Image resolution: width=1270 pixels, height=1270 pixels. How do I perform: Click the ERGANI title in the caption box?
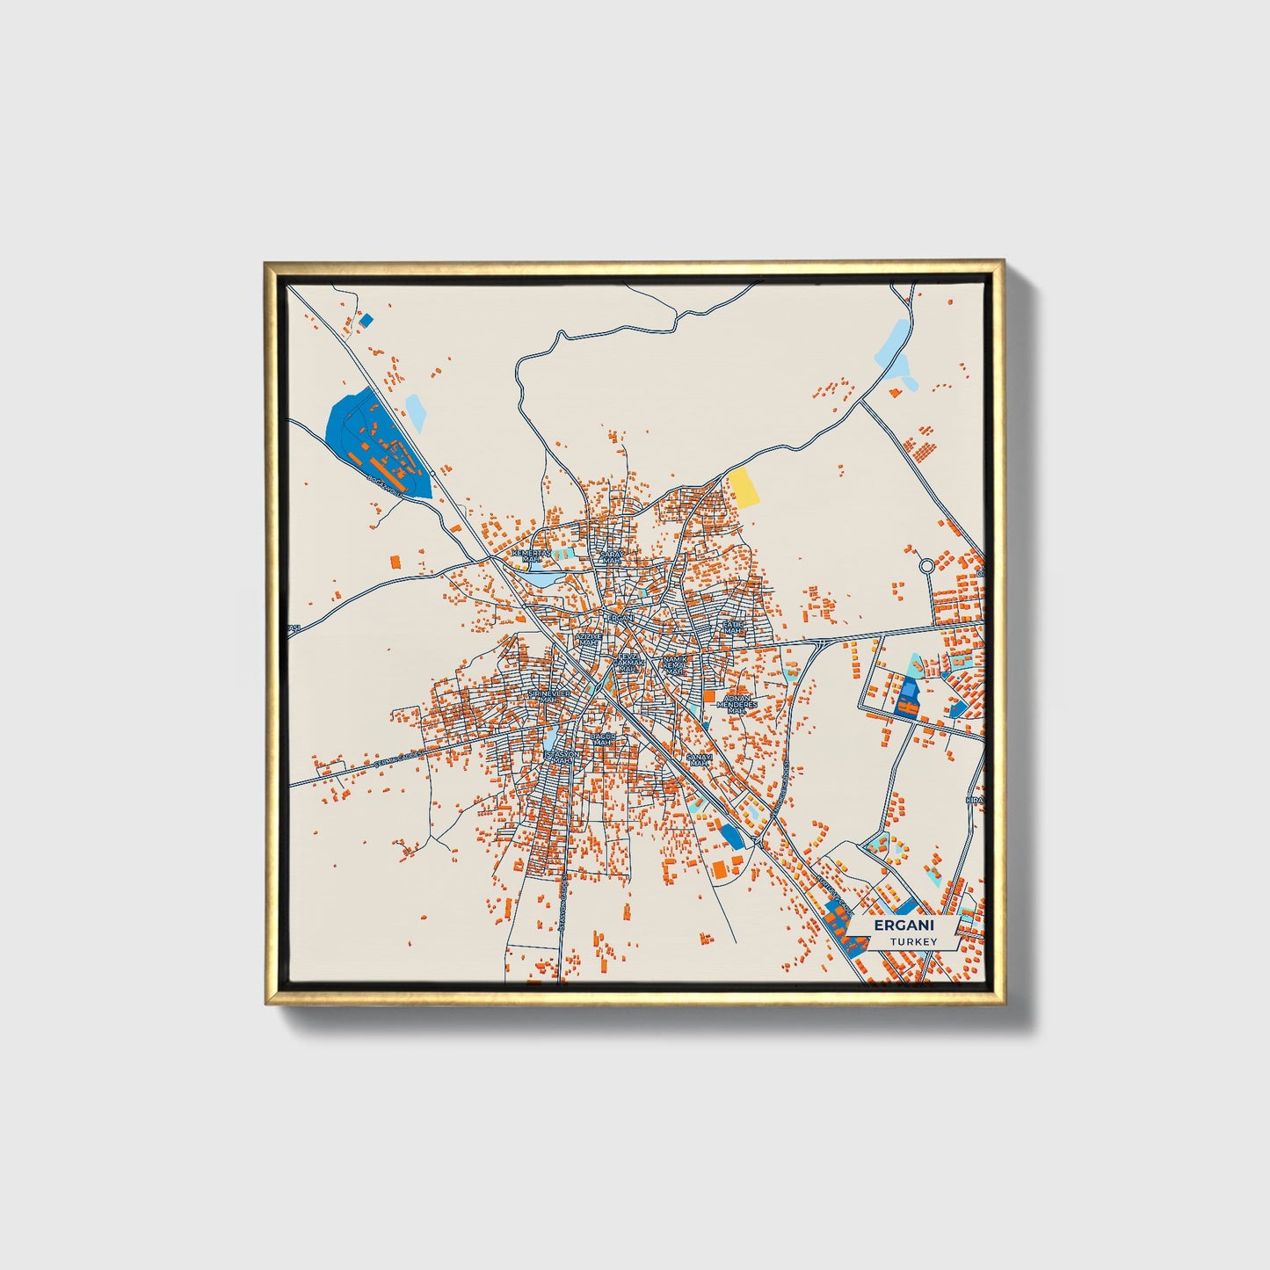[904, 925]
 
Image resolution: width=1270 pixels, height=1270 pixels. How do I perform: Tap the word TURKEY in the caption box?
[912, 941]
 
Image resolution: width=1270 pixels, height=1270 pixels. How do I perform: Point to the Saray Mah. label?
[610, 556]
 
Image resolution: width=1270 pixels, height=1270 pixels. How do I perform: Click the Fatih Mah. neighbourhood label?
[732, 627]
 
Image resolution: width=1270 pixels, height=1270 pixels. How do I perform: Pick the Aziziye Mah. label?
[588, 639]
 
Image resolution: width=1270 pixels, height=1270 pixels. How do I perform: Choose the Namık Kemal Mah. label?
[675, 664]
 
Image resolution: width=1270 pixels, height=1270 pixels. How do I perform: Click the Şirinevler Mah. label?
[548, 696]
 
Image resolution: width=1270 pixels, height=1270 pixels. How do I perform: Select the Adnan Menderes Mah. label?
[737, 703]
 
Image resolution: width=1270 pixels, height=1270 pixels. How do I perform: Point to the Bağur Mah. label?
[602, 739]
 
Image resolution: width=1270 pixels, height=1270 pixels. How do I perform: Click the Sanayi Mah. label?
[698, 759]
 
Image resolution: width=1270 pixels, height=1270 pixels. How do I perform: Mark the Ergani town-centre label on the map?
[620, 618]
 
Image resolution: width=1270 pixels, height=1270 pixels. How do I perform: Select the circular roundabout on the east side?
[926, 567]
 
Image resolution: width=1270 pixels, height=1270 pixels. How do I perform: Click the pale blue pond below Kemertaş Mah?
[542, 580]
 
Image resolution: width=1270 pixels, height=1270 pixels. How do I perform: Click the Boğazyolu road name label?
[385, 485]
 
